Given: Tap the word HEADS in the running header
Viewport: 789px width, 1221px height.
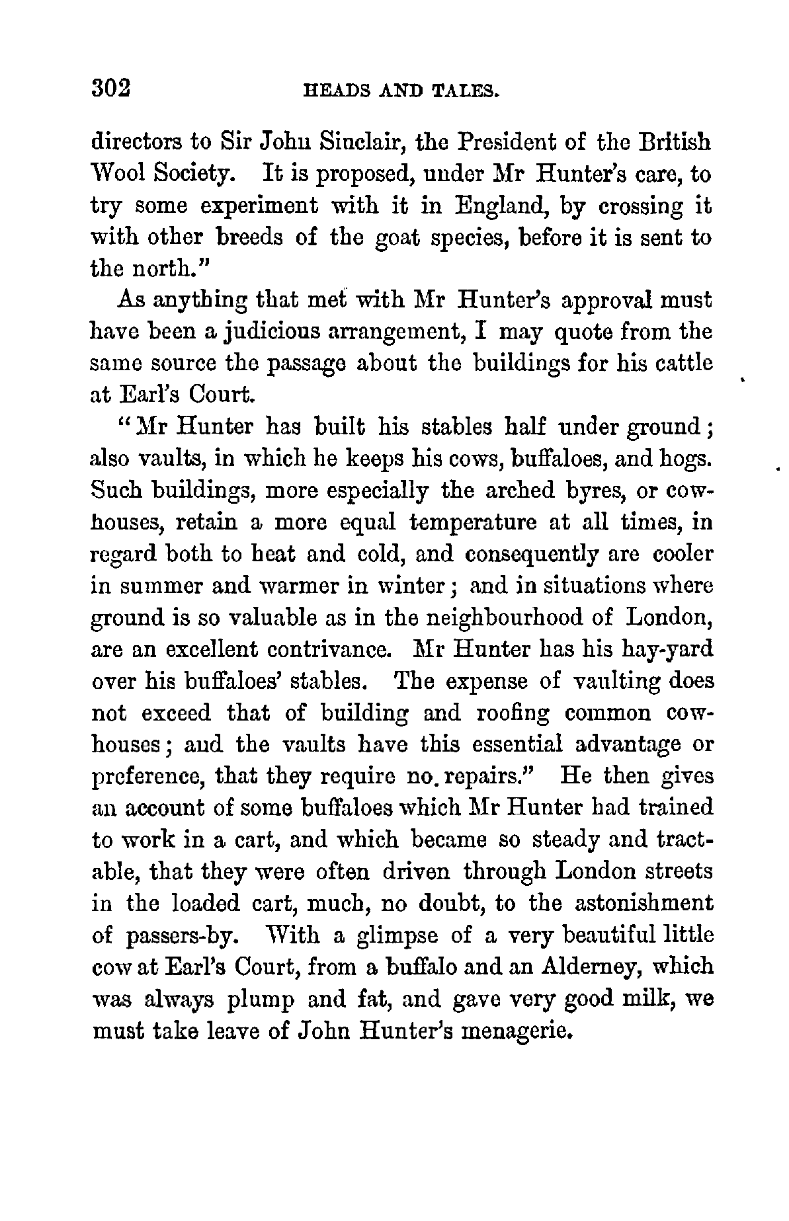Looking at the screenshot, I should point(331,90).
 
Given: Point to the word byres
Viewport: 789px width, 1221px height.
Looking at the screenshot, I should point(591,491).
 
